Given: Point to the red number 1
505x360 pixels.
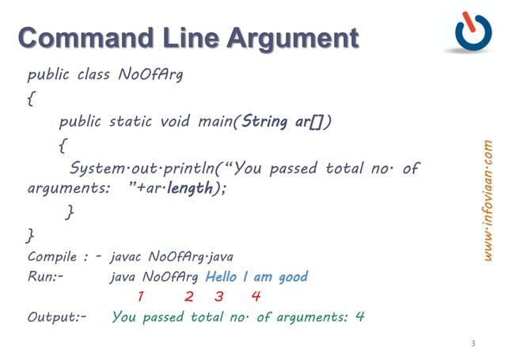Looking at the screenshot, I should click(140, 297).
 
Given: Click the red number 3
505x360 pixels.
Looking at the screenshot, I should click(219, 297).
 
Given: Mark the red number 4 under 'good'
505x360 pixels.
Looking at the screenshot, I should click(255, 297).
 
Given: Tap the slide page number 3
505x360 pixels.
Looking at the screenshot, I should click(473, 343).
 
